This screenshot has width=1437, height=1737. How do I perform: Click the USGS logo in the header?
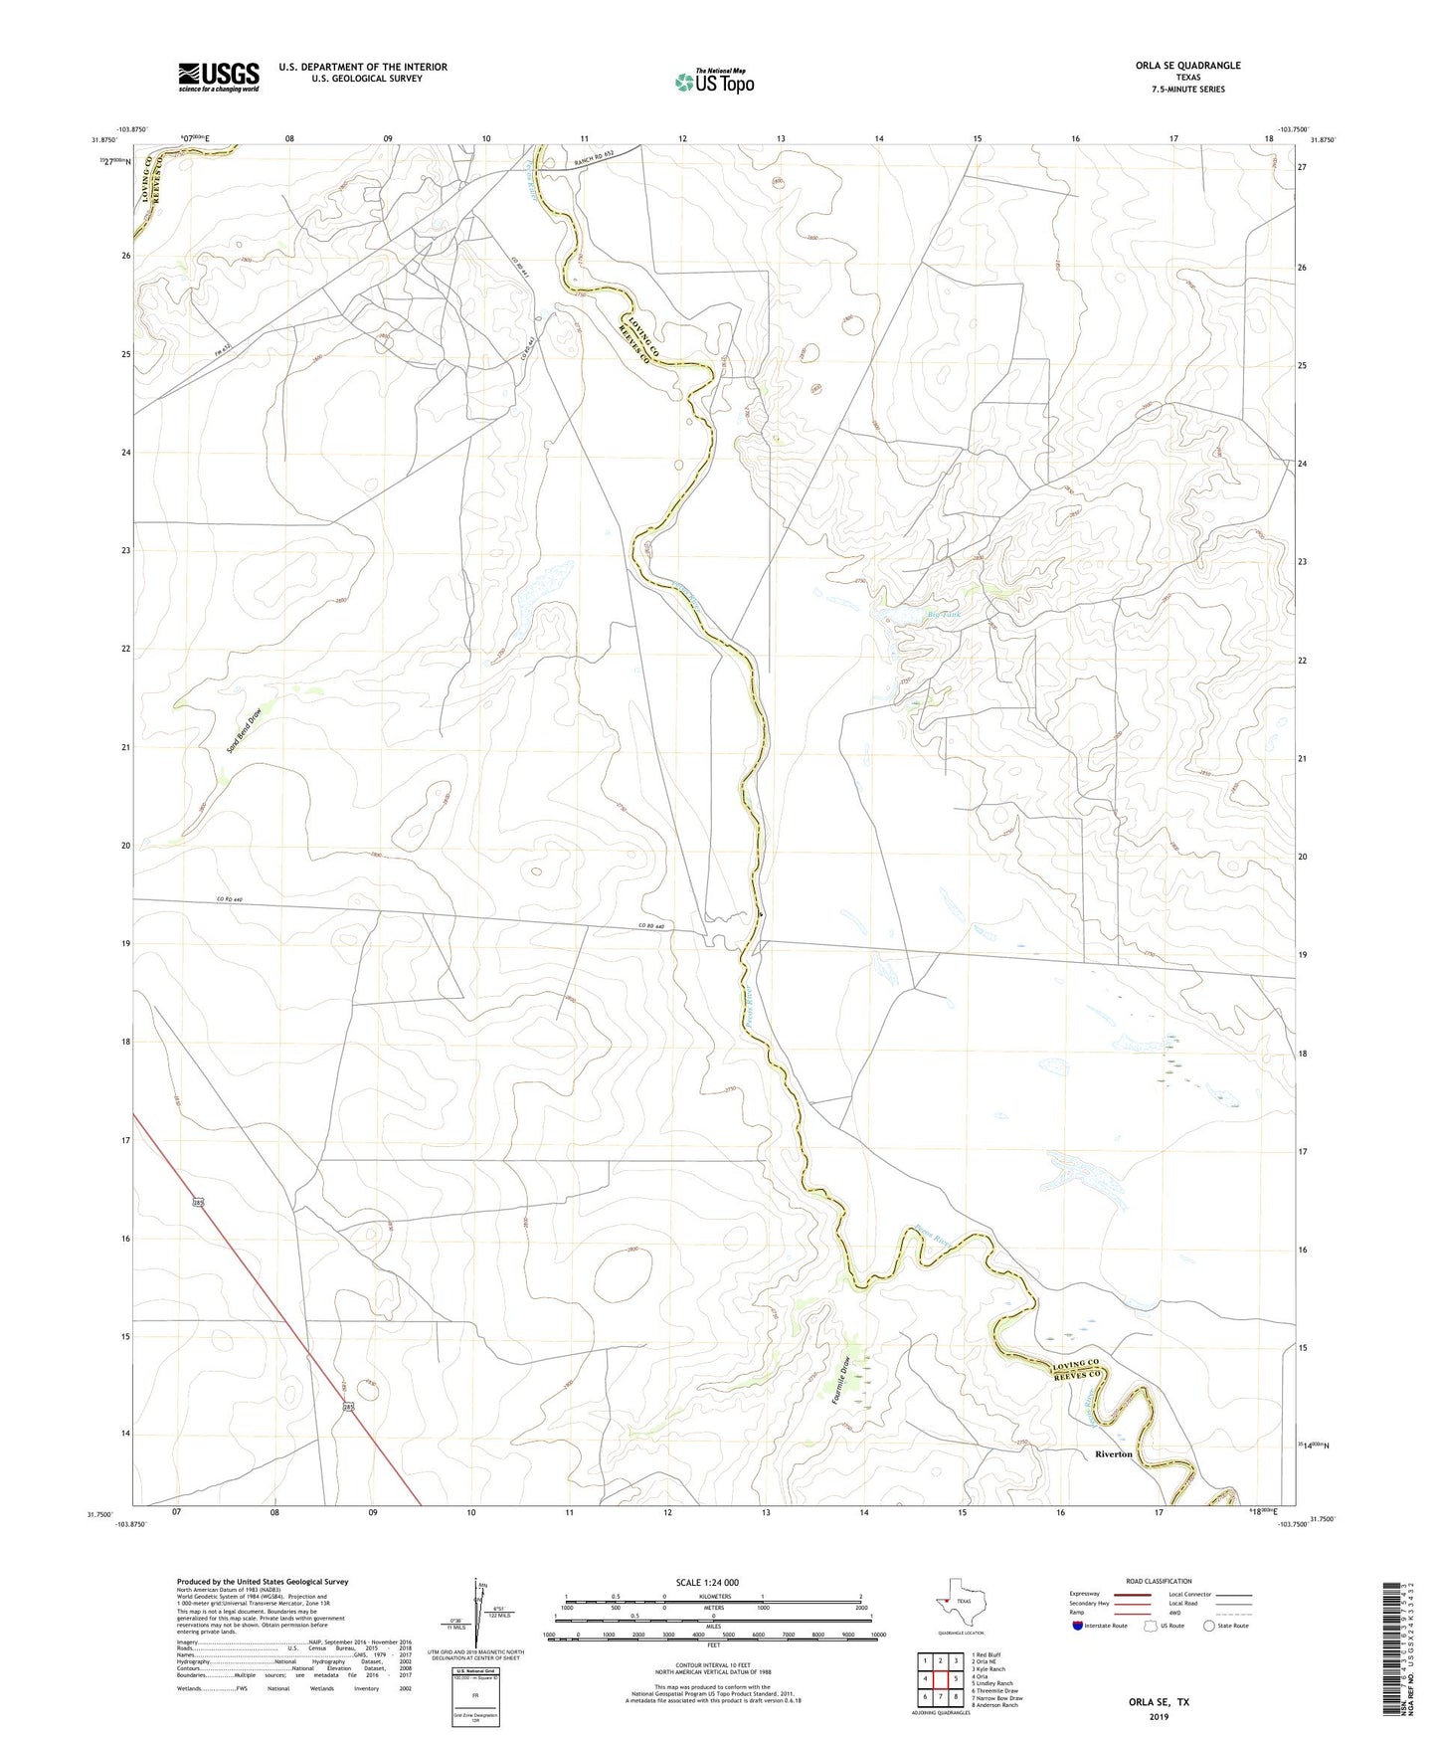pos(219,77)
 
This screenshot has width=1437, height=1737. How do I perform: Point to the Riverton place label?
pos(1113,1454)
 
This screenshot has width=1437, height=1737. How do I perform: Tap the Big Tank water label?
pos(944,616)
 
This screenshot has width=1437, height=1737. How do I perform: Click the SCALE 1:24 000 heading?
pos(707,1582)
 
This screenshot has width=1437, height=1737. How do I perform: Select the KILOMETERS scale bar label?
pos(713,1597)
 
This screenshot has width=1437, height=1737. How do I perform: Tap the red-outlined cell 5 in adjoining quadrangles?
pos(956,1679)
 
